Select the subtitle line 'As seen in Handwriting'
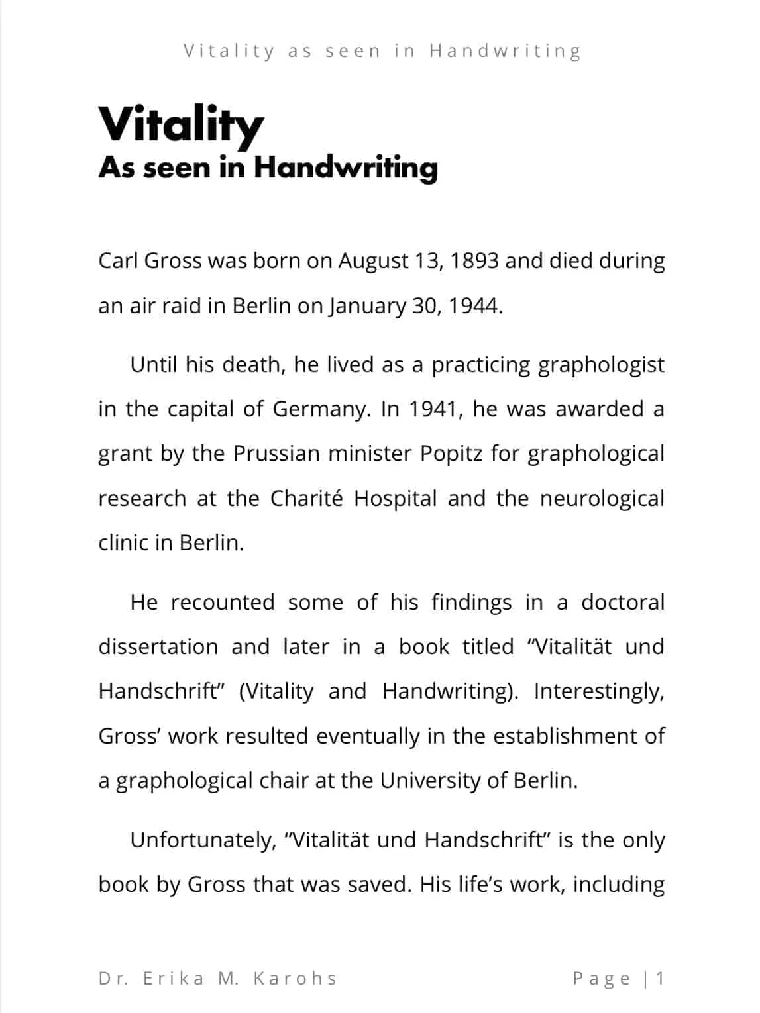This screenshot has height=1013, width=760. [268, 168]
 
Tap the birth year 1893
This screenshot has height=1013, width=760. [474, 261]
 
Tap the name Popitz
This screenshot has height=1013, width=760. [450, 454]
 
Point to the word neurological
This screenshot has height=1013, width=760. [602, 499]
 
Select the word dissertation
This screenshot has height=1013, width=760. [158, 647]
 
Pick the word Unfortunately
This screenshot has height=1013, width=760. [203, 840]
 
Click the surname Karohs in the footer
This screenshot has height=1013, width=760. [296, 979]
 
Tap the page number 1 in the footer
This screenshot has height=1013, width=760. [660, 979]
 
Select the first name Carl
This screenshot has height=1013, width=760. [118, 261]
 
